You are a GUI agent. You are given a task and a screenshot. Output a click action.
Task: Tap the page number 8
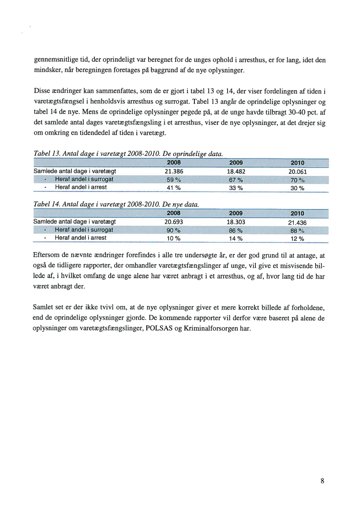pos(322,481)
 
